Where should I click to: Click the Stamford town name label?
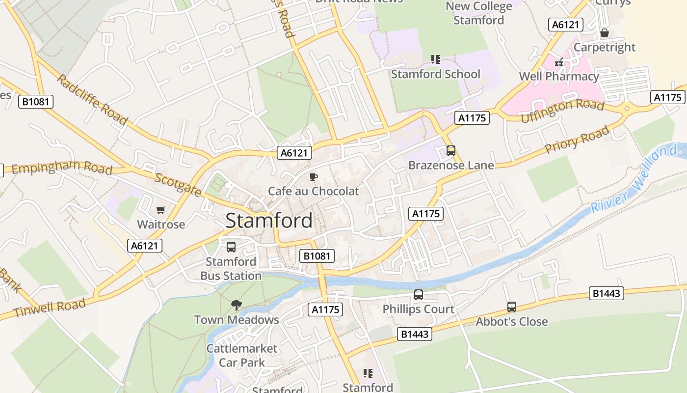[269, 221]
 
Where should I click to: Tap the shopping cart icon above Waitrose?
[160, 210]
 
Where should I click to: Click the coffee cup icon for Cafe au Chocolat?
[314, 177]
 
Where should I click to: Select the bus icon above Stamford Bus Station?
[231, 247]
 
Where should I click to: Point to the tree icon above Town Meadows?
[237, 305]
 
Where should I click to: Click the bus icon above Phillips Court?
[419, 295]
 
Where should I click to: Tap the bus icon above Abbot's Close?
[512, 307]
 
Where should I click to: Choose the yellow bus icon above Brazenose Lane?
[451, 151]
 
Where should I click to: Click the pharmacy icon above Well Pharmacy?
[559, 62]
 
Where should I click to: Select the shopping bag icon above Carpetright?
[605, 33]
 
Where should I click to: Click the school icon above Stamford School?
[436, 60]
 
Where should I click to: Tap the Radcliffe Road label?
[92, 100]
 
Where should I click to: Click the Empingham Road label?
[62, 168]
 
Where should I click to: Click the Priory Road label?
[577, 139]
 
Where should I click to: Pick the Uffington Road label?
[562, 111]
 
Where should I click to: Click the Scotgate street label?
[177, 185]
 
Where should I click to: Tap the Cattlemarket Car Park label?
[242, 356]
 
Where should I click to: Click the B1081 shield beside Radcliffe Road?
[36, 102]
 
